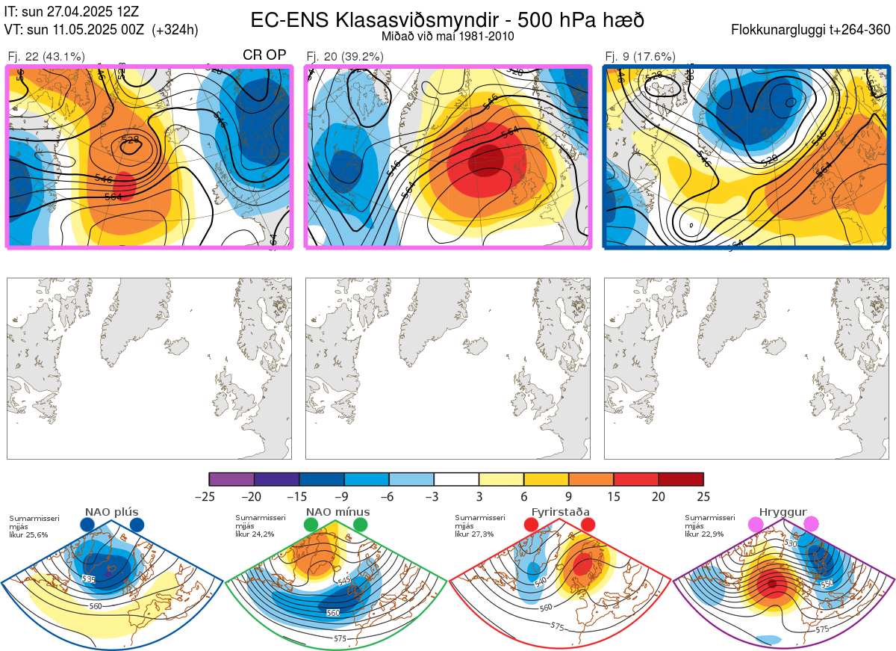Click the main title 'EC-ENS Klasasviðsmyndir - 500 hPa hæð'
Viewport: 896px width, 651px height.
pyautogui.click(x=447, y=19)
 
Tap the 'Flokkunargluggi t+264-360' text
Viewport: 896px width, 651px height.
pyautogui.click(x=812, y=30)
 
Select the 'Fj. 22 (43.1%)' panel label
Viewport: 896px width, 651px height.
pyautogui.click(x=46, y=56)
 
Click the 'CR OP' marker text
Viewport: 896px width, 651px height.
pyautogui.click(x=265, y=55)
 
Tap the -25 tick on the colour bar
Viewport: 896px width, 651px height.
pyautogui.click(x=209, y=496)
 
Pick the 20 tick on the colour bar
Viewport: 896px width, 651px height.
pyautogui.click(x=659, y=496)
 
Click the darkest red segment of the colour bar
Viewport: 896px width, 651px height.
pyautogui.click(x=681, y=479)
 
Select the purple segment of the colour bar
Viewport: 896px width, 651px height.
pyautogui.click(x=231, y=479)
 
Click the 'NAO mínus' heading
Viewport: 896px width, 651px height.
pyautogui.click(x=337, y=512)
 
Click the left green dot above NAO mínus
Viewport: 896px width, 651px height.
pyautogui.click(x=311, y=525)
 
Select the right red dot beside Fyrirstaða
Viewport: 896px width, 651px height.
pyautogui.click(x=588, y=525)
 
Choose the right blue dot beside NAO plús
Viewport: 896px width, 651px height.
pyautogui.click(x=137, y=525)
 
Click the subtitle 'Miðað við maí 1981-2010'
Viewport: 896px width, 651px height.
pyautogui.click(x=447, y=36)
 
